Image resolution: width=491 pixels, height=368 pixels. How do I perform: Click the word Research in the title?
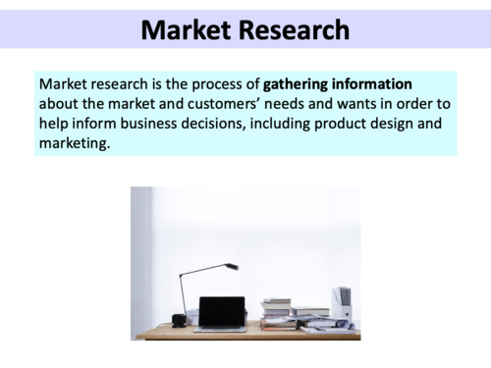295,30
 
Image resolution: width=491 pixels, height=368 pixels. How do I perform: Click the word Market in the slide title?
186,30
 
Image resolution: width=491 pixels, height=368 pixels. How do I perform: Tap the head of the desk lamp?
232,266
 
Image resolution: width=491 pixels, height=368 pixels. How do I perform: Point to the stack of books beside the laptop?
278,313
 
